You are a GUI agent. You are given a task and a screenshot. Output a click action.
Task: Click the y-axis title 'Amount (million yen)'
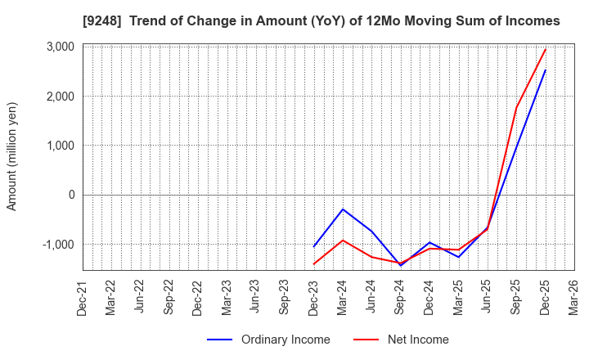coord(11,156)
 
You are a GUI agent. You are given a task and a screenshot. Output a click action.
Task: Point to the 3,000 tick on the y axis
coord(58,47)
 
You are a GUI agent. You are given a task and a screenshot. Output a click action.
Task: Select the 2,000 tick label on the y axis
coord(58,97)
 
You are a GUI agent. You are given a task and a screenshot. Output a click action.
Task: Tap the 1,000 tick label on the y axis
coord(58,146)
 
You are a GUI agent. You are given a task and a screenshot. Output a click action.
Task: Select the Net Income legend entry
coord(401,340)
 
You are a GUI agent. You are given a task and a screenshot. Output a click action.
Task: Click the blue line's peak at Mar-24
coord(343,209)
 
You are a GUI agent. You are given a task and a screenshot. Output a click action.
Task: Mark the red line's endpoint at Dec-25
coord(545,49)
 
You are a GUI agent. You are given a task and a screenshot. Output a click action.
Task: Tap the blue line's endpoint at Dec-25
coord(545,70)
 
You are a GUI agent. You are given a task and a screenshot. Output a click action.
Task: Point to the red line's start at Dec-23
coord(314,263)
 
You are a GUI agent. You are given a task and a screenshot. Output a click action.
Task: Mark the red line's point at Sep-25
coord(516,108)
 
